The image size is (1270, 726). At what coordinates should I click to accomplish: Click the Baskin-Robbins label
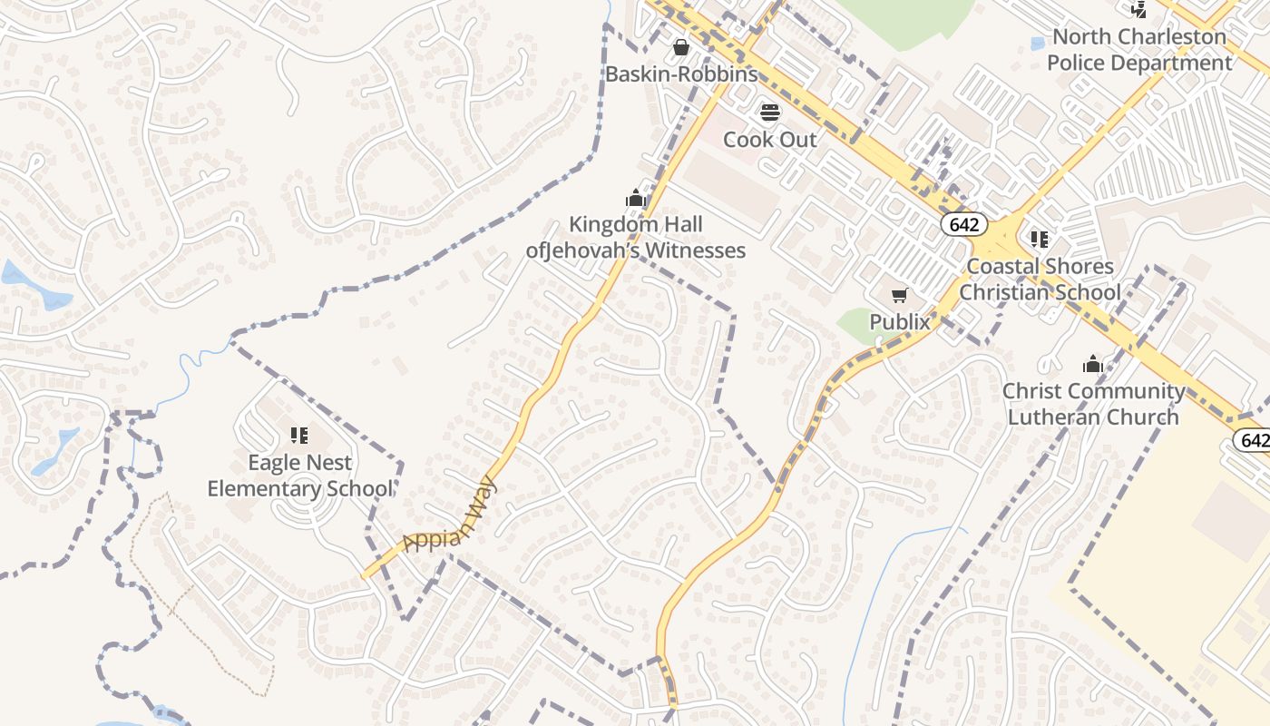pyautogui.click(x=681, y=74)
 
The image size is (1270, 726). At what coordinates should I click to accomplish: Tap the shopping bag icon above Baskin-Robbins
pyautogui.click(x=681, y=46)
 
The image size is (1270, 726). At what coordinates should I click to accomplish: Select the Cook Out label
pyautogui.click(x=769, y=140)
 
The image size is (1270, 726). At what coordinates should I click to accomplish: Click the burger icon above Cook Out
pyautogui.click(x=769, y=113)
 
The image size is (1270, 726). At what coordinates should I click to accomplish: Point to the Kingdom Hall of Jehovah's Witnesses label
pyautogui.click(x=636, y=237)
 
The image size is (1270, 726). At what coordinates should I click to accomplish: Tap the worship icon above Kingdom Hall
pyautogui.click(x=635, y=198)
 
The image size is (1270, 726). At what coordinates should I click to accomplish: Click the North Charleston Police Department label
pyautogui.click(x=1139, y=50)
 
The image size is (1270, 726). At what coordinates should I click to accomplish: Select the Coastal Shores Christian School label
pyautogui.click(x=1040, y=280)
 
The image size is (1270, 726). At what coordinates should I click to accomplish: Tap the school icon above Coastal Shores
pyautogui.click(x=1040, y=240)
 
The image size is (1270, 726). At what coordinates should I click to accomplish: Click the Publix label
pyautogui.click(x=900, y=322)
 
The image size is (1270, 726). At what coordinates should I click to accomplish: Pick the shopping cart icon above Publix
pyautogui.click(x=900, y=295)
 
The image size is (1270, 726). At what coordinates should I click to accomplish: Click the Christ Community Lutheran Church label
pyautogui.click(x=1093, y=404)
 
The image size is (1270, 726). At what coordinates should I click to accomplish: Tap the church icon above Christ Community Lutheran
pyautogui.click(x=1093, y=365)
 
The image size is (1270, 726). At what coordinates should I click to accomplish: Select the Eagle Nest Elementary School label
pyautogui.click(x=300, y=476)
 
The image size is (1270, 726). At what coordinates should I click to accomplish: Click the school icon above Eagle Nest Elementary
pyautogui.click(x=299, y=436)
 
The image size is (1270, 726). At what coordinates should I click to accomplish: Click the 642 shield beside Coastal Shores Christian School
pyautogui.click(x=962, y=223)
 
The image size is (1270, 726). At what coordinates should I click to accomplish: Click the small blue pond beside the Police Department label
pyautogui.click(x=1039, y=43)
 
